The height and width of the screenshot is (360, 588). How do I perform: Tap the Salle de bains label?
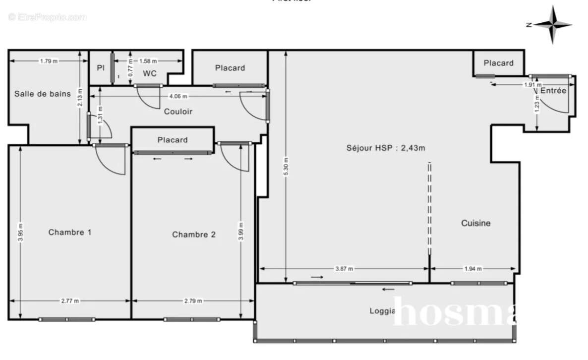coord(42,94)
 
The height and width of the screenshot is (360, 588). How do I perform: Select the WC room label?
coord(150,74)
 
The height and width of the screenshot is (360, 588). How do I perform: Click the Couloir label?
coord(178,112)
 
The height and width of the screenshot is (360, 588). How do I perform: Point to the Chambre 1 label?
coord(69,232)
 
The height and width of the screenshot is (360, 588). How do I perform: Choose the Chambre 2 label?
coord(193,235)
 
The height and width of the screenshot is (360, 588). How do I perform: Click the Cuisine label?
coord(475,223)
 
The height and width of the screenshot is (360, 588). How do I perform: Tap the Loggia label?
coord(382,311)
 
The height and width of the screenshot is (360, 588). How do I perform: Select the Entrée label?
coord(553,91)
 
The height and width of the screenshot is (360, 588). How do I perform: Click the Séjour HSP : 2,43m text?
coord(386,147)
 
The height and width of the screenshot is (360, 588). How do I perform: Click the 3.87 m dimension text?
coord(344,269)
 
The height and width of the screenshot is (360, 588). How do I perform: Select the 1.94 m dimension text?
coord(472,269)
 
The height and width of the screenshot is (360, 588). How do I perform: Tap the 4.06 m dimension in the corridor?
coord(178,96)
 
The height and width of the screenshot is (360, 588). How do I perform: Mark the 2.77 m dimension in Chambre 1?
coord(69,301)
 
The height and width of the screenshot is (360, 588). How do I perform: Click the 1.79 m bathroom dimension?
coord(48,61)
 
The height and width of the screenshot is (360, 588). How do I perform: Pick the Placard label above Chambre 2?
coord(173,140)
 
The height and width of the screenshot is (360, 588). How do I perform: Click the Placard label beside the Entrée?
coord(498,63)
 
